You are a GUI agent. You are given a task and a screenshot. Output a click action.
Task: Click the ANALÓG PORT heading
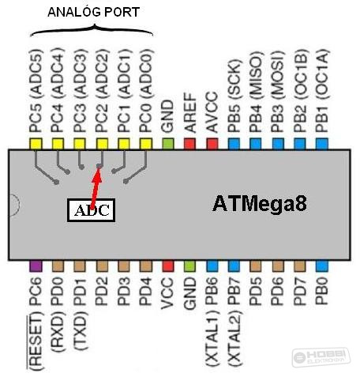[x=93, y=12]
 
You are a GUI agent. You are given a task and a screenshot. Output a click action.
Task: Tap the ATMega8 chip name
[x=260, y=204]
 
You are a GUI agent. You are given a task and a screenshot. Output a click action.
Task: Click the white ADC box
[x=91, y=210]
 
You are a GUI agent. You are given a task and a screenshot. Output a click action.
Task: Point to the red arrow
[x=96, y=187]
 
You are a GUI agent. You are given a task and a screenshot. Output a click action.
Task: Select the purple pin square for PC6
[x=36, y=266]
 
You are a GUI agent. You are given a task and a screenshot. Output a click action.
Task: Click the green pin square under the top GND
[x=168, y=144]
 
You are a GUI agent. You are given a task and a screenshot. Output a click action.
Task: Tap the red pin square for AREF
[x=189, y=144]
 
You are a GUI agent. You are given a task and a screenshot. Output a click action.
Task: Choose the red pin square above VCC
[x=168, y=266]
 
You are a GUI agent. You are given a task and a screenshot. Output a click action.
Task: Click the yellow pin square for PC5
[x=36, y=144]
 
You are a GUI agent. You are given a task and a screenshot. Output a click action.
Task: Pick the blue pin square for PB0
[x=321, y=266]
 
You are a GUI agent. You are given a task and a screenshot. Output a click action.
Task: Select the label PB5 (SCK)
[x=234, y=96]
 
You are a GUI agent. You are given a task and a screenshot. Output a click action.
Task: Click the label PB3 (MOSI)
[x=278, y=91]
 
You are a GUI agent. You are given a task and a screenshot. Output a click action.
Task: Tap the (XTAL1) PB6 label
[x=212, y=322]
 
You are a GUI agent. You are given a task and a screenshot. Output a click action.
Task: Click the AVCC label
[x=212, y=111]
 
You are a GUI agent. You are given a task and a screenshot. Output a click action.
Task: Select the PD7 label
[x=300, y=291]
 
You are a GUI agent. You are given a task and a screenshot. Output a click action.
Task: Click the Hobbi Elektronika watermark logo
[x=321, y=357]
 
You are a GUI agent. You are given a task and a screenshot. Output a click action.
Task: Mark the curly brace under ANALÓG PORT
[x=92, y=30]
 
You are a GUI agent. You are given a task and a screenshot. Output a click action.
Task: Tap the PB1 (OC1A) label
[x=321, y=91]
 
